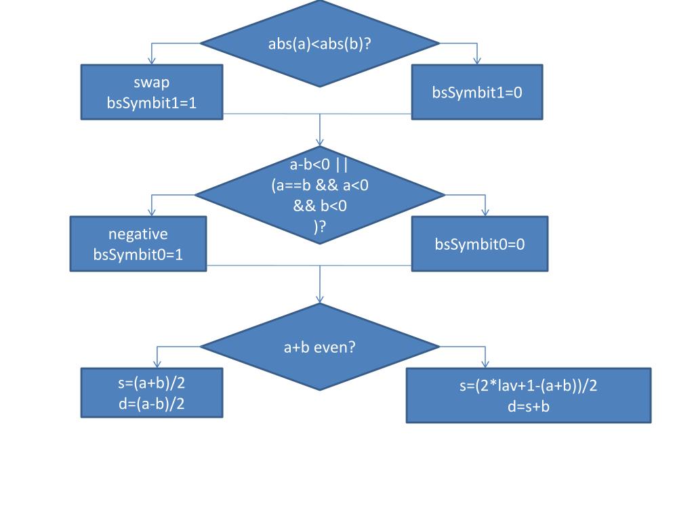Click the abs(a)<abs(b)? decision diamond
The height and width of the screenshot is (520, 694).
[x=320, y=43]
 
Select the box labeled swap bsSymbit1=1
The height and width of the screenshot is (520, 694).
[x=151, y=92]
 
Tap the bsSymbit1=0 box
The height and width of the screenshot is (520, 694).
[x=477, y=92]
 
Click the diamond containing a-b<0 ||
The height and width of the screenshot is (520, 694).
[x=320, y=195]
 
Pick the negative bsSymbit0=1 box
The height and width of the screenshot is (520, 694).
[x=138, y=244]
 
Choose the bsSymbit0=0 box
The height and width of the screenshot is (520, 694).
[x=479, y=244]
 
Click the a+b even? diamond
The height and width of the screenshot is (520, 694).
[x=320, y=347]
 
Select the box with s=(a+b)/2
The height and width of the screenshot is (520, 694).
[x=151, y=393]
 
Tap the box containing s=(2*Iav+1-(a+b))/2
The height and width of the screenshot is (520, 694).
[x=528, y=395]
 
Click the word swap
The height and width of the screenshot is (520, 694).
[x=151, y=83]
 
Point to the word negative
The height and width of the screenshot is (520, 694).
[x=138, y=234]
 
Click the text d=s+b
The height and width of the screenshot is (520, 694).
[x=528, y=406]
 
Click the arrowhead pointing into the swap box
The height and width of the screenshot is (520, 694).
[x=151, y=61]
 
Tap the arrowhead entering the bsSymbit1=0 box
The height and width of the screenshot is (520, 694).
[x=477, y=61]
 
